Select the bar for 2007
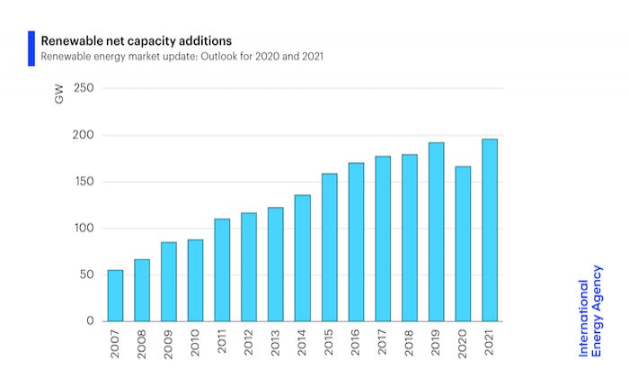[115, 295]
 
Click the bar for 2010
[195, 280]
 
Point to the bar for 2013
[275, 264]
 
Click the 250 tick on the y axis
[85, 88]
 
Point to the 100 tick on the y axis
[85, 228]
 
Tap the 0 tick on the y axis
[90, 320]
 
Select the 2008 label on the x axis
[142, 346]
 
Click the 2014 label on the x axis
[303, 346]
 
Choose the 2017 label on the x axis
[383, 346]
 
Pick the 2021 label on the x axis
[491, 346]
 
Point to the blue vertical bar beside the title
[31, 49]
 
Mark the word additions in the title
[206, 40]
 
